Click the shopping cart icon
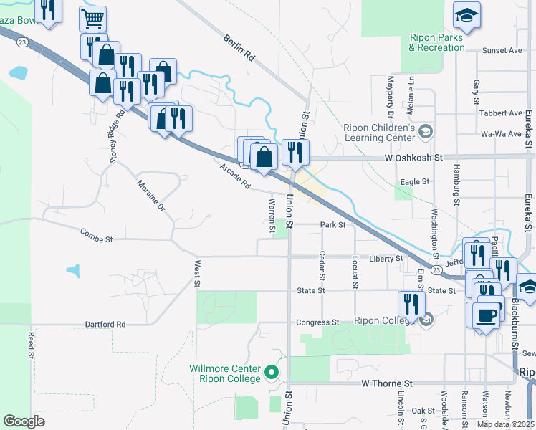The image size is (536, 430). [x=92, y=19]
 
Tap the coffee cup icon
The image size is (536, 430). [x=486, y=315]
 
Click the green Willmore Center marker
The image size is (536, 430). [x=271, y=372]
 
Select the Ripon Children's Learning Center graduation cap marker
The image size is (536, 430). [x=426, y=130]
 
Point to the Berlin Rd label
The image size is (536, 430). [x=239, y=48]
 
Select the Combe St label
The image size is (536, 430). [x=97, y=234]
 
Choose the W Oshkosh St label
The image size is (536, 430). [x=414, y=157]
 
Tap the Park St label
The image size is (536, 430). [x=332, y=224]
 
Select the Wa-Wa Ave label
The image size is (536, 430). [x=502, y=133]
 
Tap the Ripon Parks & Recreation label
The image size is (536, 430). [x=436, y=42]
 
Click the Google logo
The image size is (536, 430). [x=24, y=421]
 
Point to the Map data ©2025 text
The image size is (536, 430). [x=504, y=424]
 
